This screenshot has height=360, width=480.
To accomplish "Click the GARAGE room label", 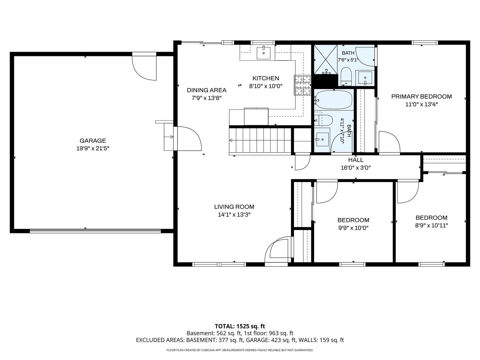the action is click(x=93, y=141).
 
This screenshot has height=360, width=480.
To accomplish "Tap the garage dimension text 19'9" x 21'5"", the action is click(x=93, y=148).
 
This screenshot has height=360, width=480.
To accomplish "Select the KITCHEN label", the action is click(x=266, y=78).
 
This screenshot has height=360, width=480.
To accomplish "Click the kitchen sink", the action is click(x=264, y=53).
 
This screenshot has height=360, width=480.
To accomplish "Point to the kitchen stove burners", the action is click(x=302, y=85).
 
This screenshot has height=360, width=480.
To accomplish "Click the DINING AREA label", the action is click(x=207, y=90).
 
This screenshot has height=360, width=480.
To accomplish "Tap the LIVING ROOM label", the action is click(x=234, y=207).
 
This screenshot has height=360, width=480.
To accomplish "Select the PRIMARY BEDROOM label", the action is click(x=421, y=96).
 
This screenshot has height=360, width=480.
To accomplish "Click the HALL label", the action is click(x=356, y=160).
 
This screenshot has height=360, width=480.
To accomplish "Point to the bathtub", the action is click(x=333, y=100).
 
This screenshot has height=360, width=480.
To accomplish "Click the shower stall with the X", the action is click(x=326, y=59).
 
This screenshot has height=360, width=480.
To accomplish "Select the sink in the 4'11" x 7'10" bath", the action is click(x=322, y=139).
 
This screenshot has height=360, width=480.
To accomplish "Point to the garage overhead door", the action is click(x=95, y=231).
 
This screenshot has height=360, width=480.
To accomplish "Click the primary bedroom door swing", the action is click(x=389, y=142).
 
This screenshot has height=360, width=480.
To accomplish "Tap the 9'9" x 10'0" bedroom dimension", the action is click(x=353, y=228).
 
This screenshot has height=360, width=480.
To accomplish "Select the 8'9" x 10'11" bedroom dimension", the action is click(x=431, y=225).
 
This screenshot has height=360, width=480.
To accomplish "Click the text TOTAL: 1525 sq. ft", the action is click(x=240, y=326).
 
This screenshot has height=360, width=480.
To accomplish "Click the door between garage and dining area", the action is click(x=188, y=139).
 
